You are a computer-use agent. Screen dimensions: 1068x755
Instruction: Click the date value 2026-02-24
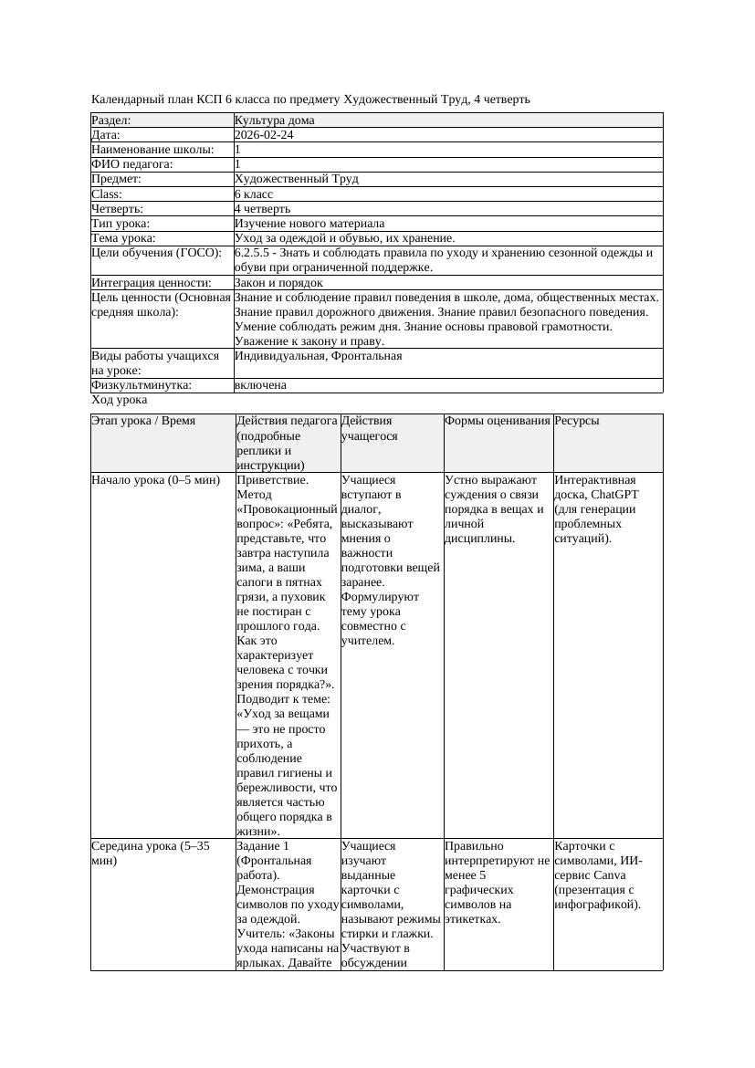264,135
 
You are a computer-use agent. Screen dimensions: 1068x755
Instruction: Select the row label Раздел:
111,120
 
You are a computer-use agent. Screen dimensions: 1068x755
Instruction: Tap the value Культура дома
274,120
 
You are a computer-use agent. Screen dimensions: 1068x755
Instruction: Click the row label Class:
107,194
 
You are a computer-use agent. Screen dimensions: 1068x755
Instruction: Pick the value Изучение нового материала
309,224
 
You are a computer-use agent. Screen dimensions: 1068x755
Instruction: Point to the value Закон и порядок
278,283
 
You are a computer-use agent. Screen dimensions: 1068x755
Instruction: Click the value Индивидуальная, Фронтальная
318,356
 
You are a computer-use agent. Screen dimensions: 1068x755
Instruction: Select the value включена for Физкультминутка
260,385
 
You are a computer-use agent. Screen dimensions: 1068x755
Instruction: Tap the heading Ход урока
120,400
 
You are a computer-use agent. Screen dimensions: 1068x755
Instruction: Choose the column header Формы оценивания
498,421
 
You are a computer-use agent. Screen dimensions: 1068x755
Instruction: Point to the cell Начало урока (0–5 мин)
156,479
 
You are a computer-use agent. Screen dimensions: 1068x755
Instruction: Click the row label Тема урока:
123,238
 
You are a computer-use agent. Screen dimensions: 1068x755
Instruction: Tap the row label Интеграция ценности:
152,283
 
